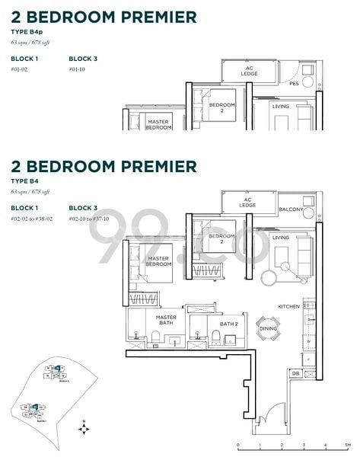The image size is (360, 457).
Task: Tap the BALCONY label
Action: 291,209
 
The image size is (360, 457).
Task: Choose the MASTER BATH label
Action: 166,320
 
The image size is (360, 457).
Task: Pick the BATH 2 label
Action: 230,324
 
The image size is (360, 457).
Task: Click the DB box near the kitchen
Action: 295,372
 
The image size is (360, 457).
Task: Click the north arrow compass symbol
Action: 83,430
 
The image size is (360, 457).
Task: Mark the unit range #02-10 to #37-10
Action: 92,219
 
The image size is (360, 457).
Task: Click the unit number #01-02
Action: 21,69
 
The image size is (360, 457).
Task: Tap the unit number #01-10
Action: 78,69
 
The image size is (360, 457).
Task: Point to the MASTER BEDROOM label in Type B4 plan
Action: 158,262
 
